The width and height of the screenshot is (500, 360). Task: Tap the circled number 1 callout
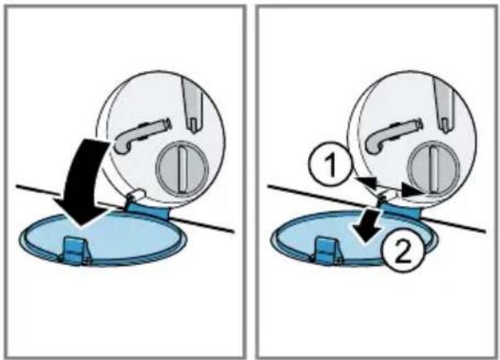click(x=330, y=164)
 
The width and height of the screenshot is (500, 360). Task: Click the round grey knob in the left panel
click(x=182, y=168)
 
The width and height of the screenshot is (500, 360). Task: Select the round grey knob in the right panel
click(x=435, y=169)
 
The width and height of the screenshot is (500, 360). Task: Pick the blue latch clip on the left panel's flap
click(x=77, y=250)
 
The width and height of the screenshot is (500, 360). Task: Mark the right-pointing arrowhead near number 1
click(x=411, y=190)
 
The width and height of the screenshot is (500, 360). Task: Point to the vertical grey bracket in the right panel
click(x=445, y=104)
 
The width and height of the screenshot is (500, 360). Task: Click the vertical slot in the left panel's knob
click(x=182, y=168)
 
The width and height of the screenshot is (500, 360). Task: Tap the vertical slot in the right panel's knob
click(x=435, y=169)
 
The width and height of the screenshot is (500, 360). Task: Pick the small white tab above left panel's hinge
click(x=137, y=194)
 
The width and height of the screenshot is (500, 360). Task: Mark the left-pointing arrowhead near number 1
click(x=365, y=182)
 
